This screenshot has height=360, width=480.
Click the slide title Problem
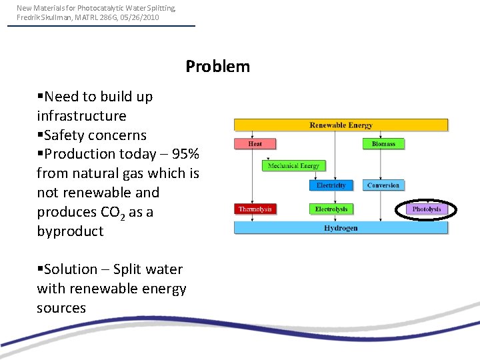point(217,67)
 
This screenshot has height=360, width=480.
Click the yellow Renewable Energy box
point(341,125)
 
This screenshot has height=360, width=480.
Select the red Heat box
point(255,143)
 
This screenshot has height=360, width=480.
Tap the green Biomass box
point(383,143)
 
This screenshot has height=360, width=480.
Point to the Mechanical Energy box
point(293,165)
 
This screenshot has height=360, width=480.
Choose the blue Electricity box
point(331,185)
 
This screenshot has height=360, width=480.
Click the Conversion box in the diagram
point(383,185)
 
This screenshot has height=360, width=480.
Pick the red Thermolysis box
point(255,209)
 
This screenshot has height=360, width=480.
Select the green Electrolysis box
point(331,209)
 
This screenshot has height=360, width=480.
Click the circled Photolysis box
point(427,209)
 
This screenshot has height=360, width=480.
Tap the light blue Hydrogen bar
point(341,228)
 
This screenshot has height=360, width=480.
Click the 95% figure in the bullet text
point(185,154)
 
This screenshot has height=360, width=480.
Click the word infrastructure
point(81,116)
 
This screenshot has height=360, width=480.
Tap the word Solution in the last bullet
point(70,269)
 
